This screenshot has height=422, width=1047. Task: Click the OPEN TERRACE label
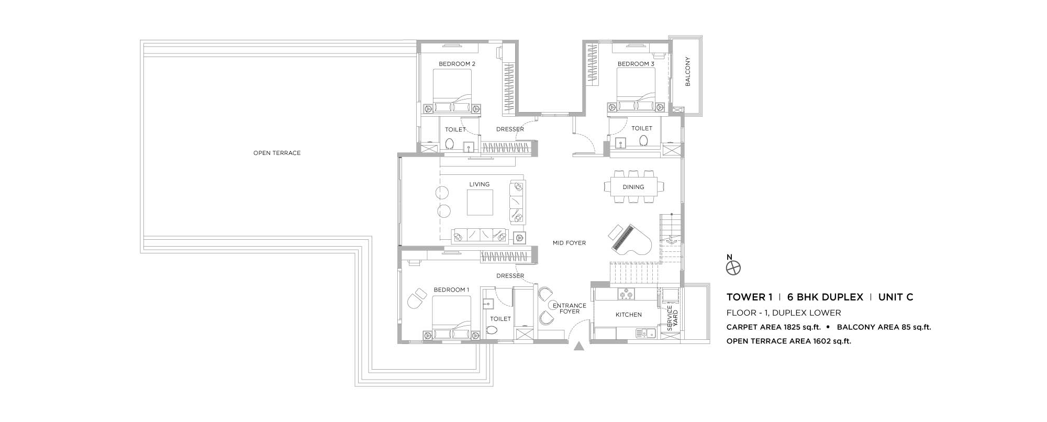pos(277,153)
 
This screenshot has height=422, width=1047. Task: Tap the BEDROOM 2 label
pos(457,64)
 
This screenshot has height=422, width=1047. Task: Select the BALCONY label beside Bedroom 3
pos(688,71)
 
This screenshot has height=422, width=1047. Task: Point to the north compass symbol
pos(733,268)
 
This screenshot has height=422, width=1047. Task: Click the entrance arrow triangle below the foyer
pos(579,346)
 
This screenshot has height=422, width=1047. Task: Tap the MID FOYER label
pos(569,243)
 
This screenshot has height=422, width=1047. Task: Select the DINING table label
pos(633,187)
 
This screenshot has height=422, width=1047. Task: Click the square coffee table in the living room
pos(480,203)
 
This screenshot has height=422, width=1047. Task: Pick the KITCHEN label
pos(629,315)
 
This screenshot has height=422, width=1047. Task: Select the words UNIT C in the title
pos(896,297)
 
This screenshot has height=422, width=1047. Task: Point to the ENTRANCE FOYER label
pos(570,308)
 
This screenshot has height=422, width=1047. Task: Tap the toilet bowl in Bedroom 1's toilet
pos(491,330)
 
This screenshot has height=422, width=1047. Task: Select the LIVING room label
pos(480,184)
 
